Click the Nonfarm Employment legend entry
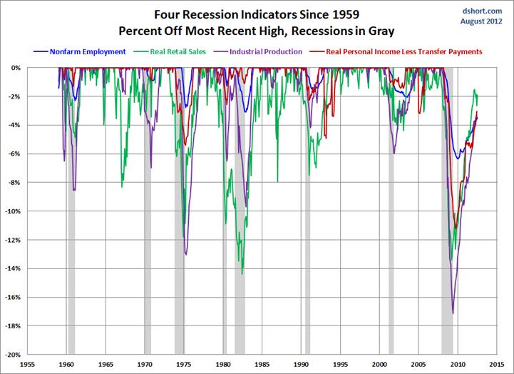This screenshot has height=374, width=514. (84, 51)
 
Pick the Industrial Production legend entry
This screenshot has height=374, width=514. (265, 51)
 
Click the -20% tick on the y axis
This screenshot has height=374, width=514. (15, 354)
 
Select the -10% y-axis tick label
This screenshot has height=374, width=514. (15, 211)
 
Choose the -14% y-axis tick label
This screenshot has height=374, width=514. (15, 268)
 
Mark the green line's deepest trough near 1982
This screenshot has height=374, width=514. (242, 273)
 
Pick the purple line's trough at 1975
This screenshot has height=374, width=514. (186, 254)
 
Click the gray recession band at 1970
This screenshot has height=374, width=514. (148, 214)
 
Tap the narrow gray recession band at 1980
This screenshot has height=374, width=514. (225, 214)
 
